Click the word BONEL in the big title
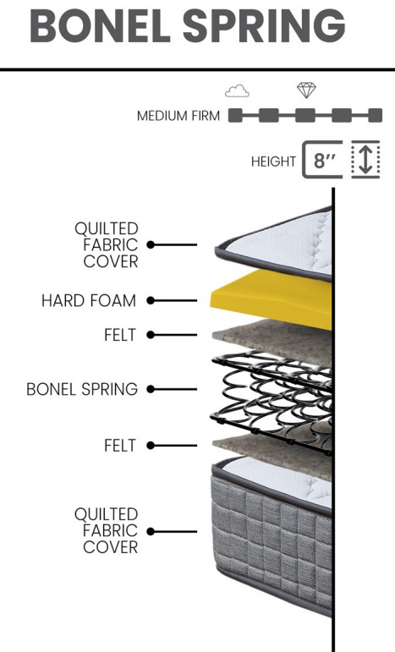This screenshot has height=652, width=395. coord(100,25)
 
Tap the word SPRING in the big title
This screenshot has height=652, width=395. coord(264,25)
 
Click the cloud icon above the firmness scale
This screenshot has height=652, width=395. coord(237,90)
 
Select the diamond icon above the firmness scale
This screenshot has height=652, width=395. coord(306,90)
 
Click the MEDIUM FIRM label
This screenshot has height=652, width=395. coord(178,116)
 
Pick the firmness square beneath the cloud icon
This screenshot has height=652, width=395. coord(235,115)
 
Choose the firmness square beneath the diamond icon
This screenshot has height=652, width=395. coord(304,115)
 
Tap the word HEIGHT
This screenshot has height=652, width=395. coord(273,162)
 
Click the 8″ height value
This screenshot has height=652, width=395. coord(325,161)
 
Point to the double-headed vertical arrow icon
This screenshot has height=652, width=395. coord(365,160)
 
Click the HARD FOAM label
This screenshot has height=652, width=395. coord(89,300)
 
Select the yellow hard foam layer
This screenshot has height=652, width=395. coord(272,298)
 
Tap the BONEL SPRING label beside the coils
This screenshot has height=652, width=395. coord(82,389)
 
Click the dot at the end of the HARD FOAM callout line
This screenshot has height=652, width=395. coord(151,300)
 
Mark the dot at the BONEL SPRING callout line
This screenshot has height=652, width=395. coord(151,389)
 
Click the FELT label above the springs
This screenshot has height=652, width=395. coord(120,335)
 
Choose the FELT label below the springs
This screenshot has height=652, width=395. coord(120,446)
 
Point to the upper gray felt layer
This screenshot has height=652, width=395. coord(272,341)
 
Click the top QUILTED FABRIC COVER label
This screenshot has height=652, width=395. coord(107,245)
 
